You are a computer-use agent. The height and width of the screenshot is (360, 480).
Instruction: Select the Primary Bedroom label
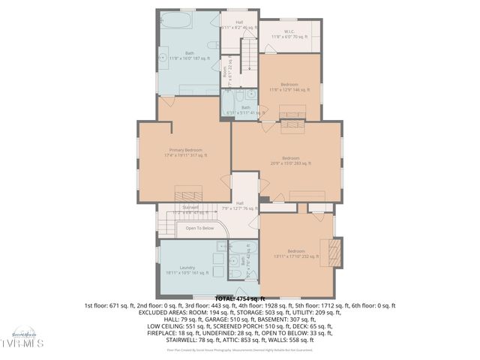(184, 153)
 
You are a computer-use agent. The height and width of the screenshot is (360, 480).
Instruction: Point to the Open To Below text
(199, 228)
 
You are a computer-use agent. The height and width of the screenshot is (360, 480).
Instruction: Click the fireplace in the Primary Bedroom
(184, 191)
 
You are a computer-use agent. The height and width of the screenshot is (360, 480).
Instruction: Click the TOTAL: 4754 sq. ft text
(240, 298)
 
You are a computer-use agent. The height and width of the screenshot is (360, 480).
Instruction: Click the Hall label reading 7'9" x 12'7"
(240, 205)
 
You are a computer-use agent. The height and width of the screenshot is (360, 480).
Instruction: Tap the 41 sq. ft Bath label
(246, 109)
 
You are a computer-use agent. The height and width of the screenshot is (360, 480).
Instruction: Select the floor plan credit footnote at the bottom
(240, 349)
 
